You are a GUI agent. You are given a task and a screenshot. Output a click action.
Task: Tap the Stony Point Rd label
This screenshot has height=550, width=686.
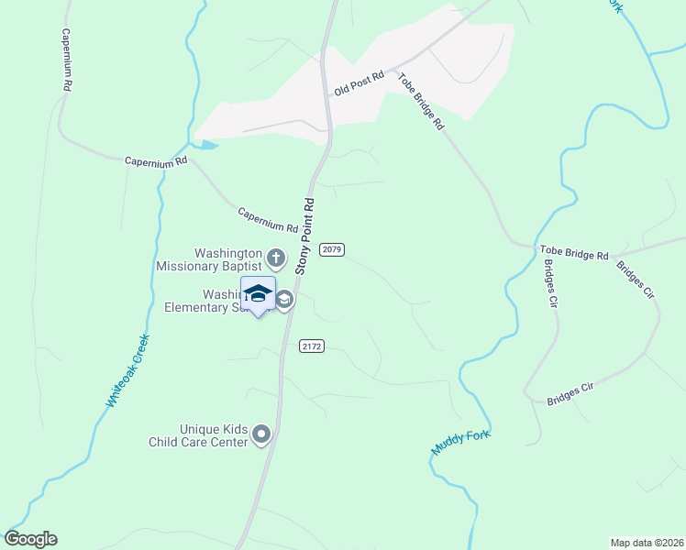pyautogui.click(x=305, y=236)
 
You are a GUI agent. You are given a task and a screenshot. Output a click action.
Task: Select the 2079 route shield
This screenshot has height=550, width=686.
pyautogui.click(x=332, y=250)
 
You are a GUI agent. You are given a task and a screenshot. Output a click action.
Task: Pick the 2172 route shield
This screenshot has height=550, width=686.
pyautogui.click(x=312, y=346)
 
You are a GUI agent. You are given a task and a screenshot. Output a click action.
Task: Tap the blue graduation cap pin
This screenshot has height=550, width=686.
pyautogui.click(x=258, y=294)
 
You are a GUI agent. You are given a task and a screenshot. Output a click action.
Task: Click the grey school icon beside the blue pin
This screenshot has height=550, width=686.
pyautogui.click(x=285, y=299)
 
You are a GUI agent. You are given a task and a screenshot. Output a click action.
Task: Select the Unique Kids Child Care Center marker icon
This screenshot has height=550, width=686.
pyautogui.click(x=262, y=434)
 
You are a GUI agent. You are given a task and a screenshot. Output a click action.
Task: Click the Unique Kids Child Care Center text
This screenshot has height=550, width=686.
pyautogui.click(x=199, y=435)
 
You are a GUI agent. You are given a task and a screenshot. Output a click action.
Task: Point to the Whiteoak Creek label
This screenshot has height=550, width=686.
pyautogui.click(x=127, y=371)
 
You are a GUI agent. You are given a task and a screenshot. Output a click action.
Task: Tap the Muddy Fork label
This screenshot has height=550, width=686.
pyautogui.click(x=461, y=443)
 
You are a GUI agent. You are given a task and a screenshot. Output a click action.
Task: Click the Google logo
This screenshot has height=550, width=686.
pyautogui.click(x=30, y=539)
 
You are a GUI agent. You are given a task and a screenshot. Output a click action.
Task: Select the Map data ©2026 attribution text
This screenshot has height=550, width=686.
pyautogui.click(x=647, y=543)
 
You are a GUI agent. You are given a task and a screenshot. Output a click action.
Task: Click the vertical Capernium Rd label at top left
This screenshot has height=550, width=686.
pyautogui.click(x=66, y=59)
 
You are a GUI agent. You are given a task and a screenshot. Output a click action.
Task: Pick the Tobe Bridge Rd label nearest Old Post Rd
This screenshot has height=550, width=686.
pyautogui.click(x=421, y=100)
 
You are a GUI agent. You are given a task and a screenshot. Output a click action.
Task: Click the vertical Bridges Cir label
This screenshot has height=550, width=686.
pyautogui.click(x=550, y=287)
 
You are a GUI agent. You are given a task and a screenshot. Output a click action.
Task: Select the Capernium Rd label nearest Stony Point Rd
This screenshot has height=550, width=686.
pyautogui.click(x=268, y=219)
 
